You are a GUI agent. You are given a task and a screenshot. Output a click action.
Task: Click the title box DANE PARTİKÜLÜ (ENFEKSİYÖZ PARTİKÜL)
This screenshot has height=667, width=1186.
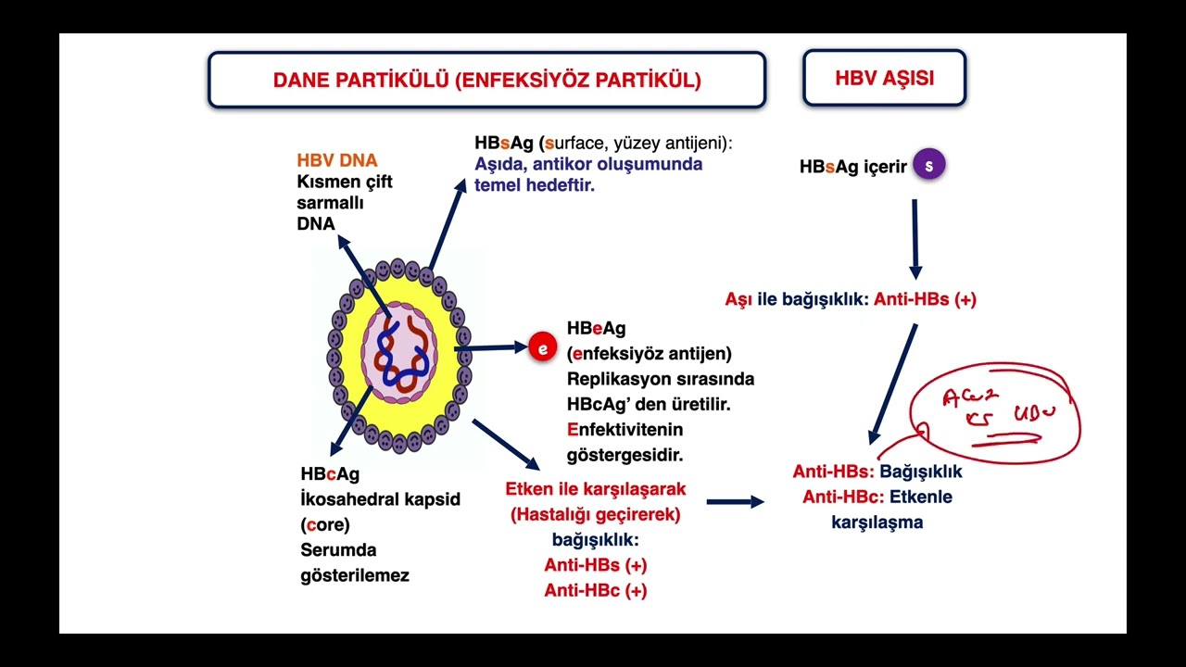click(x=486, y=80)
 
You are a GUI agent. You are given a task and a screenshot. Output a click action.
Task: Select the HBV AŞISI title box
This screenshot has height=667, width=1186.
click(x=884, y=78)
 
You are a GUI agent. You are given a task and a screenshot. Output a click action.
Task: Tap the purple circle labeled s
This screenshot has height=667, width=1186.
click(x=928, y=166)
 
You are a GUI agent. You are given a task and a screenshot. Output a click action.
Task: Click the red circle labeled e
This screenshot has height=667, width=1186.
click(x=542, y=348)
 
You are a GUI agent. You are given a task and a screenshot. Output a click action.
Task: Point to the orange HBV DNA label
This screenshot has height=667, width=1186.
click(x=337, y=160)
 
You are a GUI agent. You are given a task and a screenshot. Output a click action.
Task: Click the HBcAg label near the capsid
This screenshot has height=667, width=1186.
click(x=330, y=474)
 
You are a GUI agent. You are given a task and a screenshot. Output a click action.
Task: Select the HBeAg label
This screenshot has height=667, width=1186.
click(x=596, y=329)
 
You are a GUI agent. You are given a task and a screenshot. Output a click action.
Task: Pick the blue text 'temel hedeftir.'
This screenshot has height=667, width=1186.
click(x=534, y=185)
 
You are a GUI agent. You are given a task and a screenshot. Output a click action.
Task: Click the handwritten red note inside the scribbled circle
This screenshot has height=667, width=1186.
click(x=996, y=408)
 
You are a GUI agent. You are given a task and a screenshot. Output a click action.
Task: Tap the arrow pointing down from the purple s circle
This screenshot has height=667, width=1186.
click(x=915, y=238)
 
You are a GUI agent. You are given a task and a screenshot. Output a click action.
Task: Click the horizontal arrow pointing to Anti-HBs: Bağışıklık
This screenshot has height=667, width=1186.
click(x=735, y=502)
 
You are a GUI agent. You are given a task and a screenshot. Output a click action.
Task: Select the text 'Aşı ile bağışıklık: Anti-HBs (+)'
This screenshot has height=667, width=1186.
click(x=850, y=299)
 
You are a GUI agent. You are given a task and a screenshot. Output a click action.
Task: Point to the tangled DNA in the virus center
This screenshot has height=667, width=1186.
click(x=398, y=352)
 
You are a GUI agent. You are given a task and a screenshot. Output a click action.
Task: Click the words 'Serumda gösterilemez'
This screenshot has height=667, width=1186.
click(x=354, y=562)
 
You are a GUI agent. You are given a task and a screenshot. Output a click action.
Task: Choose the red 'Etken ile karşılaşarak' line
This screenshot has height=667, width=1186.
click(x=595, y=488)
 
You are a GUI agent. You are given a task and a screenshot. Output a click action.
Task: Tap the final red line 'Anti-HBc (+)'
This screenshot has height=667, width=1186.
click(x=595, y=590)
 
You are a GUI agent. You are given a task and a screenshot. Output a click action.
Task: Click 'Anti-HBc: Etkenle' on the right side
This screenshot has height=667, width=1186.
click(x=877, y=497)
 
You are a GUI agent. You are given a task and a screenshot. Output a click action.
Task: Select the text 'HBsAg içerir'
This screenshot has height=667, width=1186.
click(x=852, y=167)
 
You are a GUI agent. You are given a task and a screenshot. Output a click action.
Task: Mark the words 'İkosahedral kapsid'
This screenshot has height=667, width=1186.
click(x=380, y=499)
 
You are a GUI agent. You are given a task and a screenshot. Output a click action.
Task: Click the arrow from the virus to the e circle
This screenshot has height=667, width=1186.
click(x=491, y=348)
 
